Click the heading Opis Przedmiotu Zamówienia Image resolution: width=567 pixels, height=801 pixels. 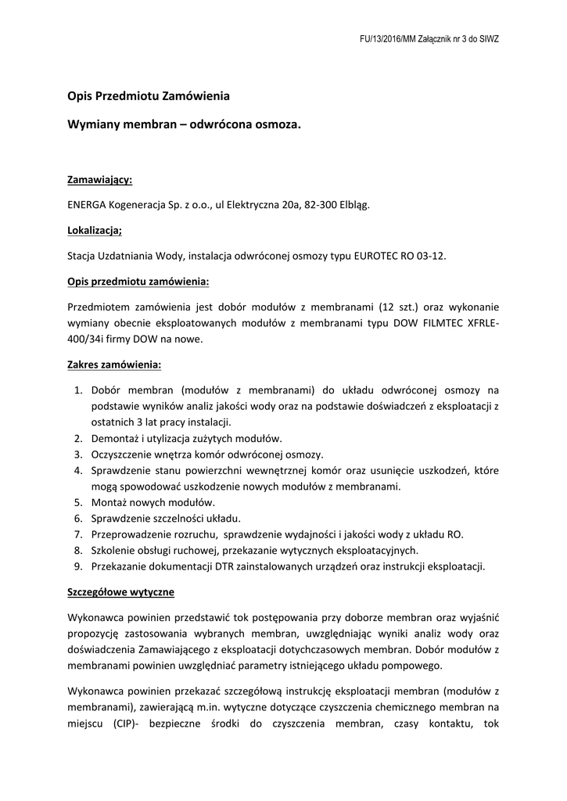point(149,98)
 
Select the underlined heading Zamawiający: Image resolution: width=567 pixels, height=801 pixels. point(100,180)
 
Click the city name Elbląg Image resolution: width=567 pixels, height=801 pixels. point(353,205)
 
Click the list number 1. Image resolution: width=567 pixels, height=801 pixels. point(78,390)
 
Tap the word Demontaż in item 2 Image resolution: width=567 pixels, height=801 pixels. point(114,438)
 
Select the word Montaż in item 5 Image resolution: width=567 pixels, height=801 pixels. point(109,502)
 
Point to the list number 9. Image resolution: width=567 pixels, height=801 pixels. point(78,566)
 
